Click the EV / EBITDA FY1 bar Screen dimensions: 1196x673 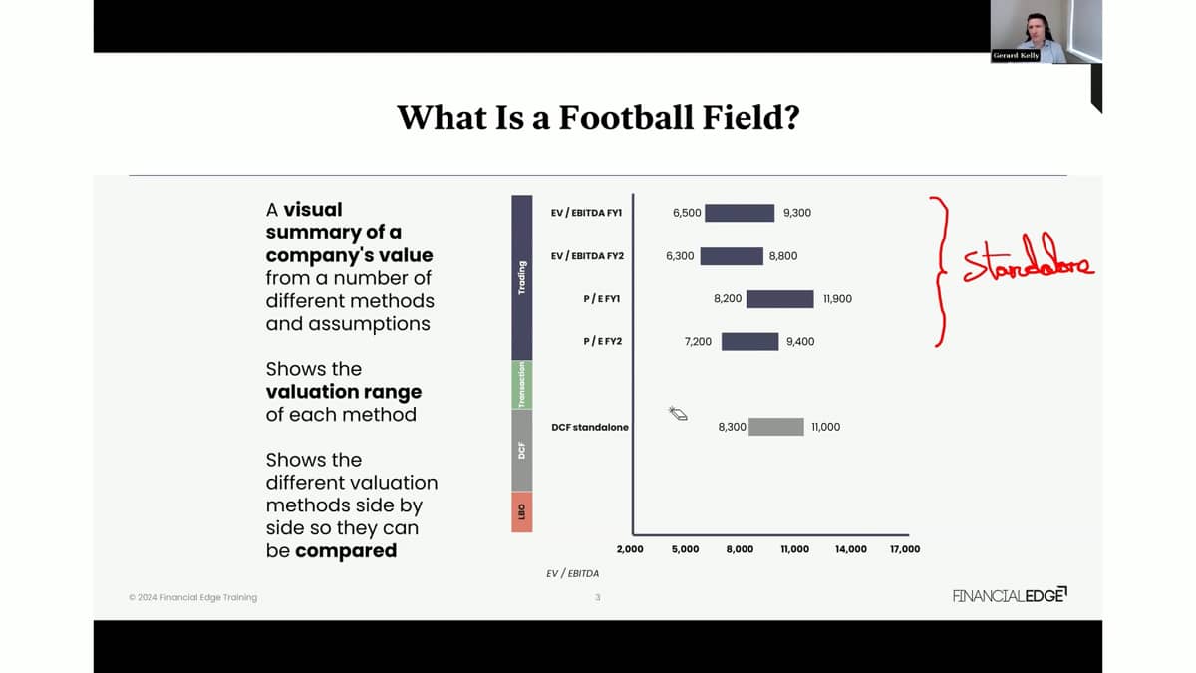[740, 213]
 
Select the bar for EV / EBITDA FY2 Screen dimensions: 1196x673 [732, 256]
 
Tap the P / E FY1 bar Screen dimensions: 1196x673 [780, 299]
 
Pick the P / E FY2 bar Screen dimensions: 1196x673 [749, 342]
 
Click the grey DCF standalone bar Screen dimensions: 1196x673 [775, 427]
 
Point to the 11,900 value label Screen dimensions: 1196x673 [837, 299]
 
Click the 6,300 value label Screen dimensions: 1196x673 [680, 256]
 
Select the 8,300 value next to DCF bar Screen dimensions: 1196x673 [732, 427]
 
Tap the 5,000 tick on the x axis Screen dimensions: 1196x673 [685, 549]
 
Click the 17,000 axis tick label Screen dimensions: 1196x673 [905, 549]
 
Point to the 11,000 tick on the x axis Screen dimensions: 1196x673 [795, 549]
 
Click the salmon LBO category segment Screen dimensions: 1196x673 [521, 511]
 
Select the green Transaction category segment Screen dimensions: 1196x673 [521, 385]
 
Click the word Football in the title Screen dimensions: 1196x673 [625, 117]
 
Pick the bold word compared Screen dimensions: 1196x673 [346, 550]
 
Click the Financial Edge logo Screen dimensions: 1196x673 [1010, 595]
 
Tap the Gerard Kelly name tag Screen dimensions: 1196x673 [1016, 56]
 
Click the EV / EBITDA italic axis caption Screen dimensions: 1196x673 [572, 573]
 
